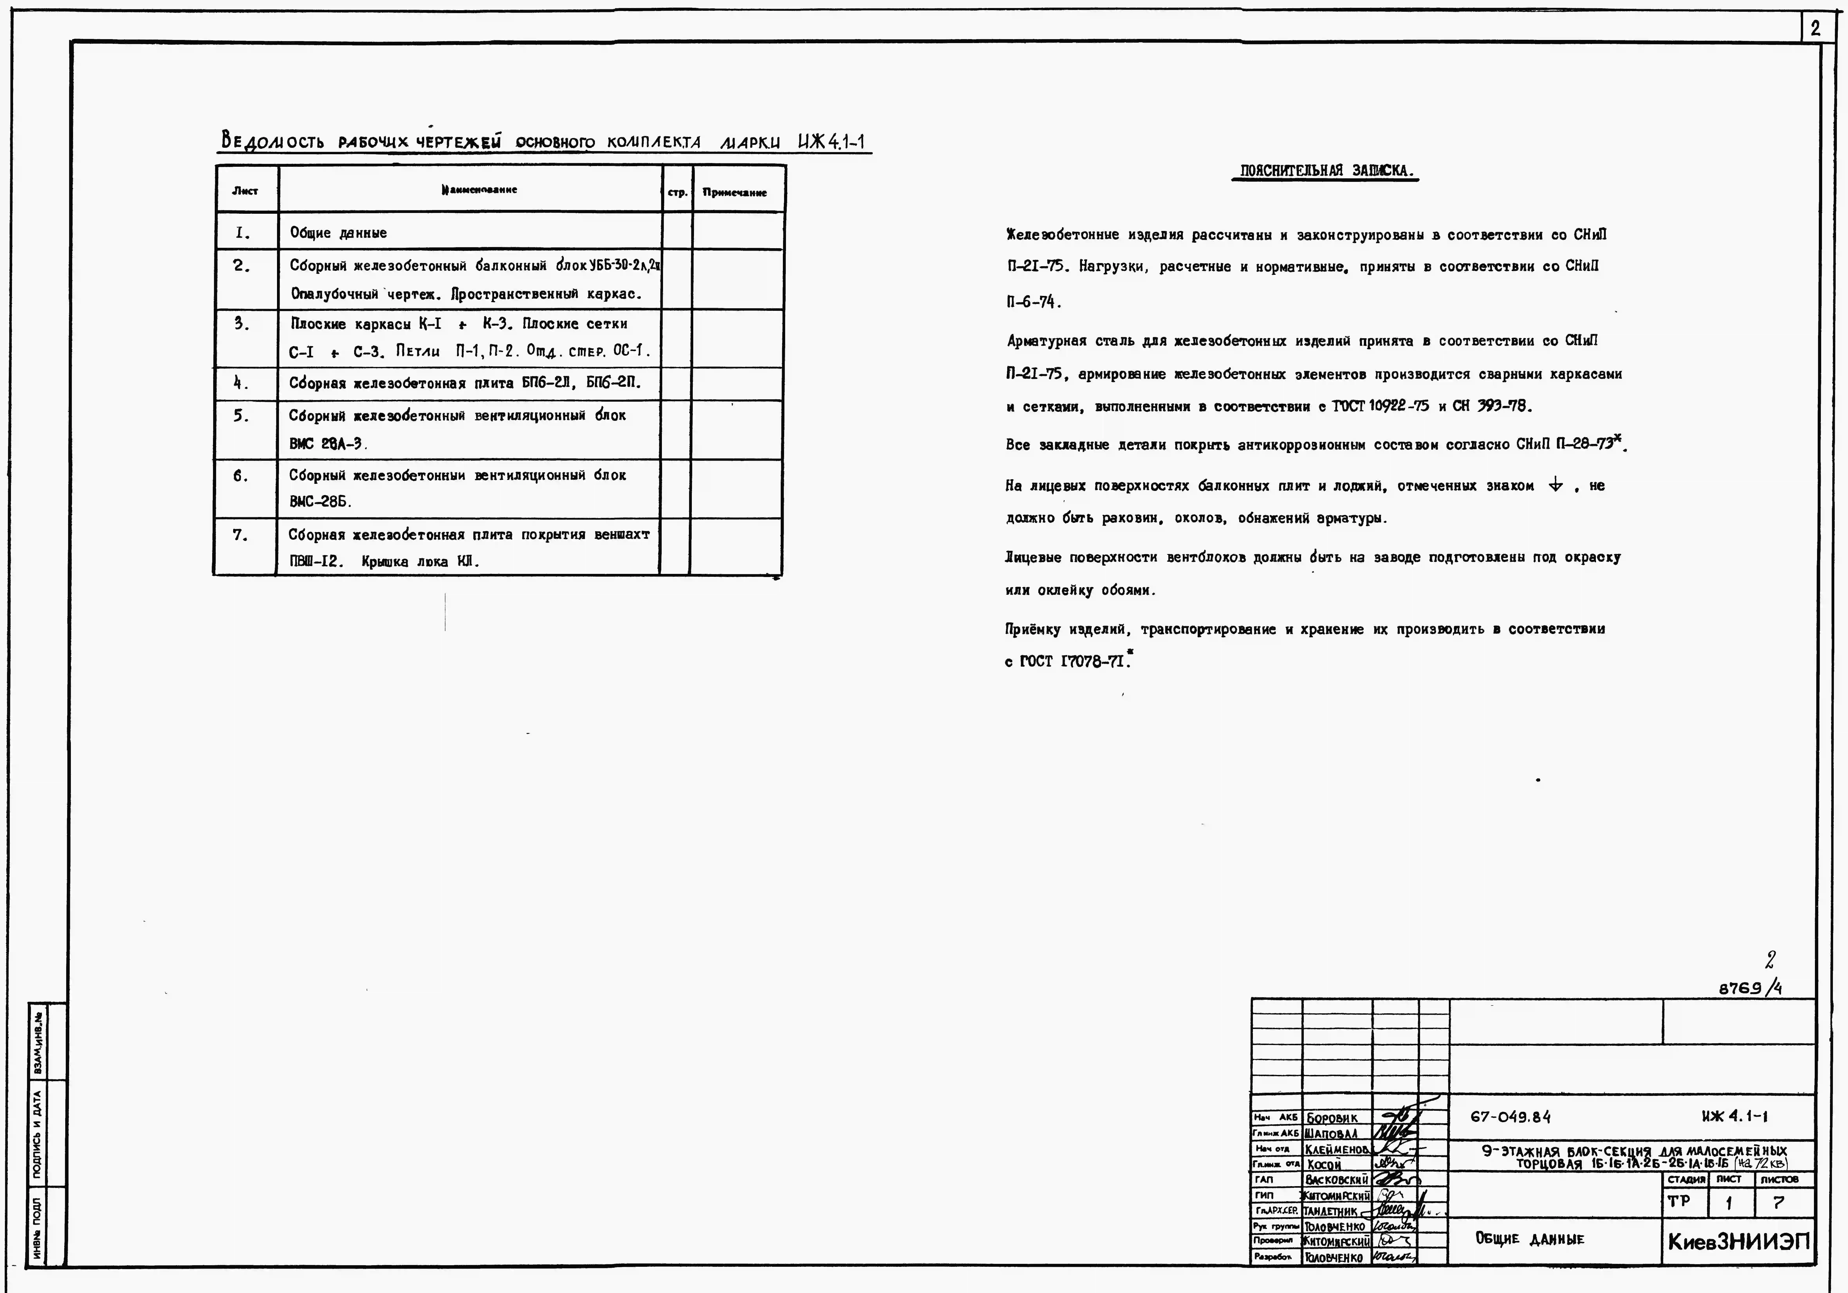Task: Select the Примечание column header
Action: point(734,192)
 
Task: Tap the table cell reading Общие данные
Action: point(338,233)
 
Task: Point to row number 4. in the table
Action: point(241,383)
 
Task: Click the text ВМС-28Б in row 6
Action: point(320,501)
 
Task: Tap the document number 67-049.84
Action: point(1510,1117)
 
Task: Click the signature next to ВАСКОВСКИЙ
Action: point(1394,1179)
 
